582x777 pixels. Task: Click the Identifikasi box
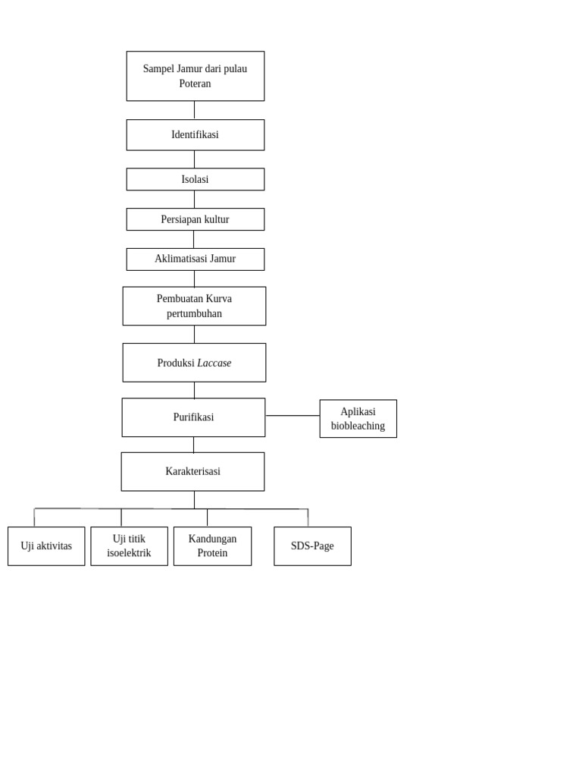click(195, 135)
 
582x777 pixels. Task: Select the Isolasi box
click(195, 180)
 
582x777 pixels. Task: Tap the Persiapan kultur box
click(195, 219)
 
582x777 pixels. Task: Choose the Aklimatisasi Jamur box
click(195, 260)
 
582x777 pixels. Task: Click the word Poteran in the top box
click(195, 84)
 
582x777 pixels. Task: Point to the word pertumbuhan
click(194, 314)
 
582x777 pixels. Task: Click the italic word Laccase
click(214, 363)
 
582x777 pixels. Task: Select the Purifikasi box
click(193, 417)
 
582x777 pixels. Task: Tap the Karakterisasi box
click(192, 472)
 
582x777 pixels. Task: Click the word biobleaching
click(358, 426)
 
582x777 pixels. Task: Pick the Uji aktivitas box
click(46, 546)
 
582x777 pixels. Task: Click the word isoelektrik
click(129, 553)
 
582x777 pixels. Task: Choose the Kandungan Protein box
click(212, 546)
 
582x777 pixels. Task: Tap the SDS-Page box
click(312, 546)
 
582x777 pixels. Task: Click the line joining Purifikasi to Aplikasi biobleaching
click(293, 416)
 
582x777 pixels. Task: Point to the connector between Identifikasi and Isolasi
click(194, 159)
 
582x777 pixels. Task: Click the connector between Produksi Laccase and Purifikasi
click(194, 390)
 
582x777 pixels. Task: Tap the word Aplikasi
click(358, 412)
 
